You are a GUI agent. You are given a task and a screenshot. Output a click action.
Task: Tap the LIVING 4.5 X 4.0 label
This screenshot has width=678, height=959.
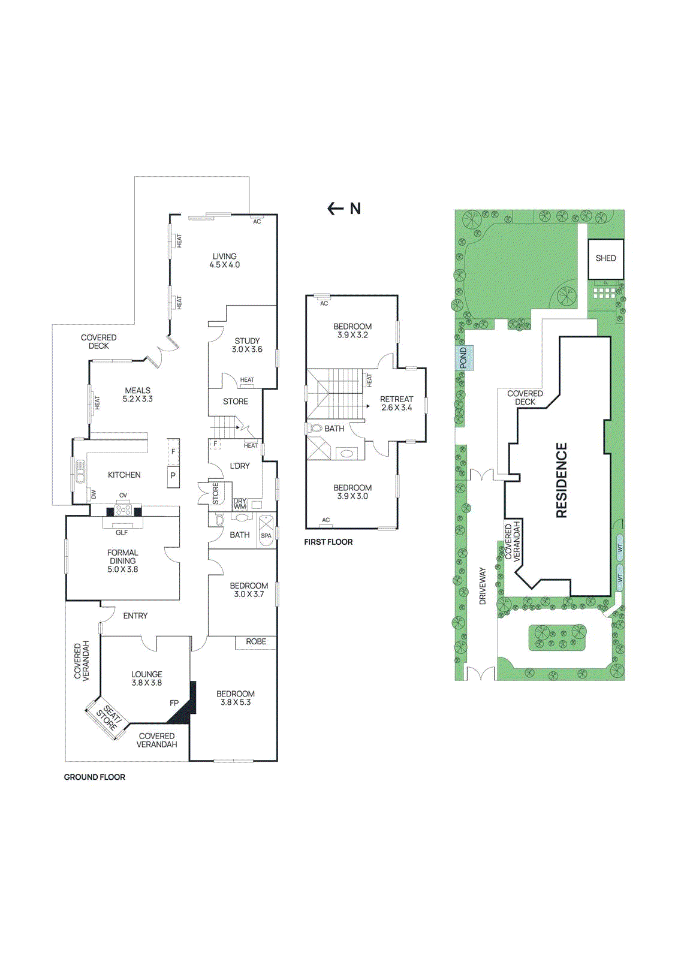pos(224,260)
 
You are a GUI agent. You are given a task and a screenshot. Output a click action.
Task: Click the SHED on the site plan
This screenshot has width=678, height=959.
pos(605,258)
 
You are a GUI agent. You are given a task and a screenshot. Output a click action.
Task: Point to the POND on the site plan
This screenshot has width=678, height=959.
pos(463,358)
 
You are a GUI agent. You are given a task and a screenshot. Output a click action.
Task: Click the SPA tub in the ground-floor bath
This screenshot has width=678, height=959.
pos(266,530)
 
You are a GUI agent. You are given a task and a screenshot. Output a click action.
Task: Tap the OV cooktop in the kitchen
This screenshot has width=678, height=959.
pos(123,509)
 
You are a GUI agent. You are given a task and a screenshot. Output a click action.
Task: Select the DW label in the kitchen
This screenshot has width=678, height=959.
pos(94,494)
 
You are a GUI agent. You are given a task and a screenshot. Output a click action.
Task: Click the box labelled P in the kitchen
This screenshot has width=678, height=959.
pos(173,476)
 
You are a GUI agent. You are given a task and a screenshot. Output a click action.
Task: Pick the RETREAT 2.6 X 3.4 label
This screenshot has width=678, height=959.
pos(396,403)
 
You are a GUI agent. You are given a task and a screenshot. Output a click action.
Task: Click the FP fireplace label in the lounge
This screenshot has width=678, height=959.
pos(174,703)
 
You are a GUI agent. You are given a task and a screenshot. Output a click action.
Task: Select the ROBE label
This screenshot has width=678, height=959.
pos(256,641)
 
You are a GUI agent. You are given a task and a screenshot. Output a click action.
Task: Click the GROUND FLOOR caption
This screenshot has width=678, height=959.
pos(95,777)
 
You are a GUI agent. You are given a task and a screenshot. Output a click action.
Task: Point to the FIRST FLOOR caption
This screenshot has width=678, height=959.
pos(328,542)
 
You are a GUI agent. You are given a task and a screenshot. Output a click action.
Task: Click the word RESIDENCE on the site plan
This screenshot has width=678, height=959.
pos(561,480)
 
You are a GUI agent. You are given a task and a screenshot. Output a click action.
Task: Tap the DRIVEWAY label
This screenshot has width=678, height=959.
pos(483,586)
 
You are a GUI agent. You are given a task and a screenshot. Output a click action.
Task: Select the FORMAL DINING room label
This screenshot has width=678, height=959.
pos(123,561)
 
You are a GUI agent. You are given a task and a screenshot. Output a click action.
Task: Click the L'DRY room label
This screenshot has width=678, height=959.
pos(240,466)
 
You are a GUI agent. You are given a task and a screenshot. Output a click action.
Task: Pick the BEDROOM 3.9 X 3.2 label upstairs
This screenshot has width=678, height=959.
pos(352,330)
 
